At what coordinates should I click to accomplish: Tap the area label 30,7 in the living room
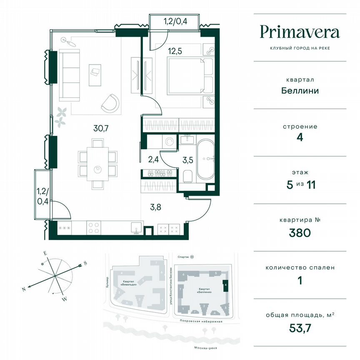point(101,128)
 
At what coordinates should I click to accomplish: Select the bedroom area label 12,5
point(175,51)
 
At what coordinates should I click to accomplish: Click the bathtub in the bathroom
point(206,160)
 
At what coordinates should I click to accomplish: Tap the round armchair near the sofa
point(110,102)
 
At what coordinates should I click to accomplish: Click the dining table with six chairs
point(97,164)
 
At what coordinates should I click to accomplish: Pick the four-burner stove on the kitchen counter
point(93,228)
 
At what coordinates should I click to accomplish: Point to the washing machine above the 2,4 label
point(169,142)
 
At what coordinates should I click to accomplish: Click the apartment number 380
point(300,233)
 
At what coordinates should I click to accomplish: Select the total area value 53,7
point(300,328)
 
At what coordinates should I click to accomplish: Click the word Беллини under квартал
point(300,90)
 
